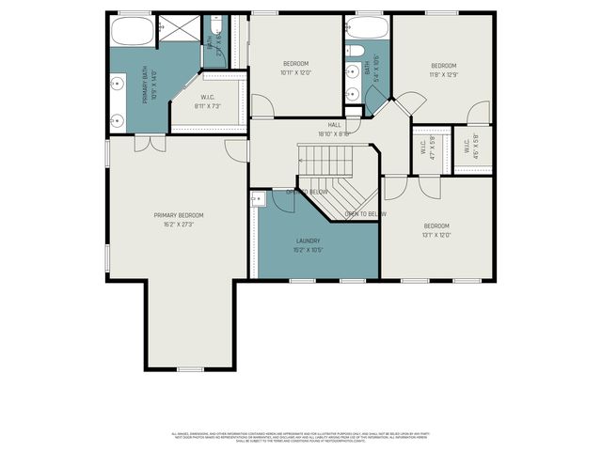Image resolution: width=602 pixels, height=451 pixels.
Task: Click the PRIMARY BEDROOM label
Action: (x=179, y=215)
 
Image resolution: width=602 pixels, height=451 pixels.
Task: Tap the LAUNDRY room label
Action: (x=308, y=241)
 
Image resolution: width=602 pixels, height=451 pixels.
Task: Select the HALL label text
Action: (x=335, y=123)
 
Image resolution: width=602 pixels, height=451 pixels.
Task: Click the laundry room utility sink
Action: (x=259, y=198)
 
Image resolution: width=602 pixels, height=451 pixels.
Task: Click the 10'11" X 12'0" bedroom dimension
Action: (x=294, y=72)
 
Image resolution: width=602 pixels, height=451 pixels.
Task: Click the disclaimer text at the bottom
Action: (x=301, y=437)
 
